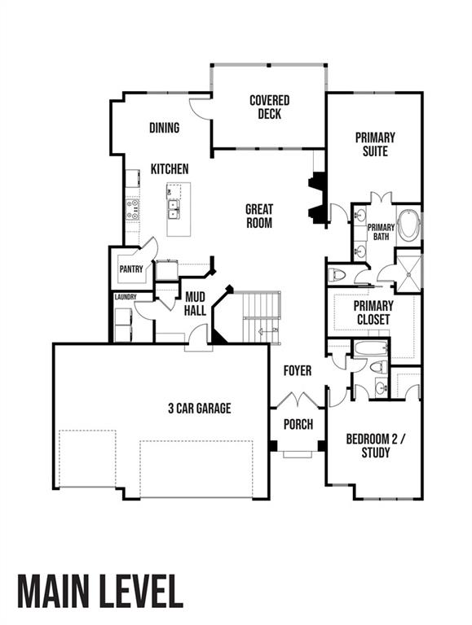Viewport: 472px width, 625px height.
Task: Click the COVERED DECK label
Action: tap(269, 107)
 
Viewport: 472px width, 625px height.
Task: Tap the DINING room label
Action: tap(164, 128)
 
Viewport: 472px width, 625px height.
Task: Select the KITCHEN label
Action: tap(170, 169)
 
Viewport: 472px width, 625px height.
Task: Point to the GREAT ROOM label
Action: tap(259, 216)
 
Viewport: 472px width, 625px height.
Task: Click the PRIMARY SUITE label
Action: tap(374, 144)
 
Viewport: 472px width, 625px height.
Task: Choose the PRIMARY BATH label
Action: tap(381, 232)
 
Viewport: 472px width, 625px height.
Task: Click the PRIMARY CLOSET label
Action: tap(373, 312)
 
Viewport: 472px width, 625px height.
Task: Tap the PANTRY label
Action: tap(130, 269)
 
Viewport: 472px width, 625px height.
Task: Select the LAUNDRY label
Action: tap(125, 297)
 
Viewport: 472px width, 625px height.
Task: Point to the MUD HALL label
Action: tap(195, 304)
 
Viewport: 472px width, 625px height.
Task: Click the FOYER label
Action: tap(298, 371)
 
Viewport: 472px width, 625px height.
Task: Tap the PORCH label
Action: tap(298, 424)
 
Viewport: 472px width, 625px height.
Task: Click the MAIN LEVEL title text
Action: tap(99, 591)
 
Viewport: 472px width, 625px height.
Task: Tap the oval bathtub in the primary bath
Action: tap(408, 225)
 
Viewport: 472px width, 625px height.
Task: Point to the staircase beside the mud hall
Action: tap(262, 318)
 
